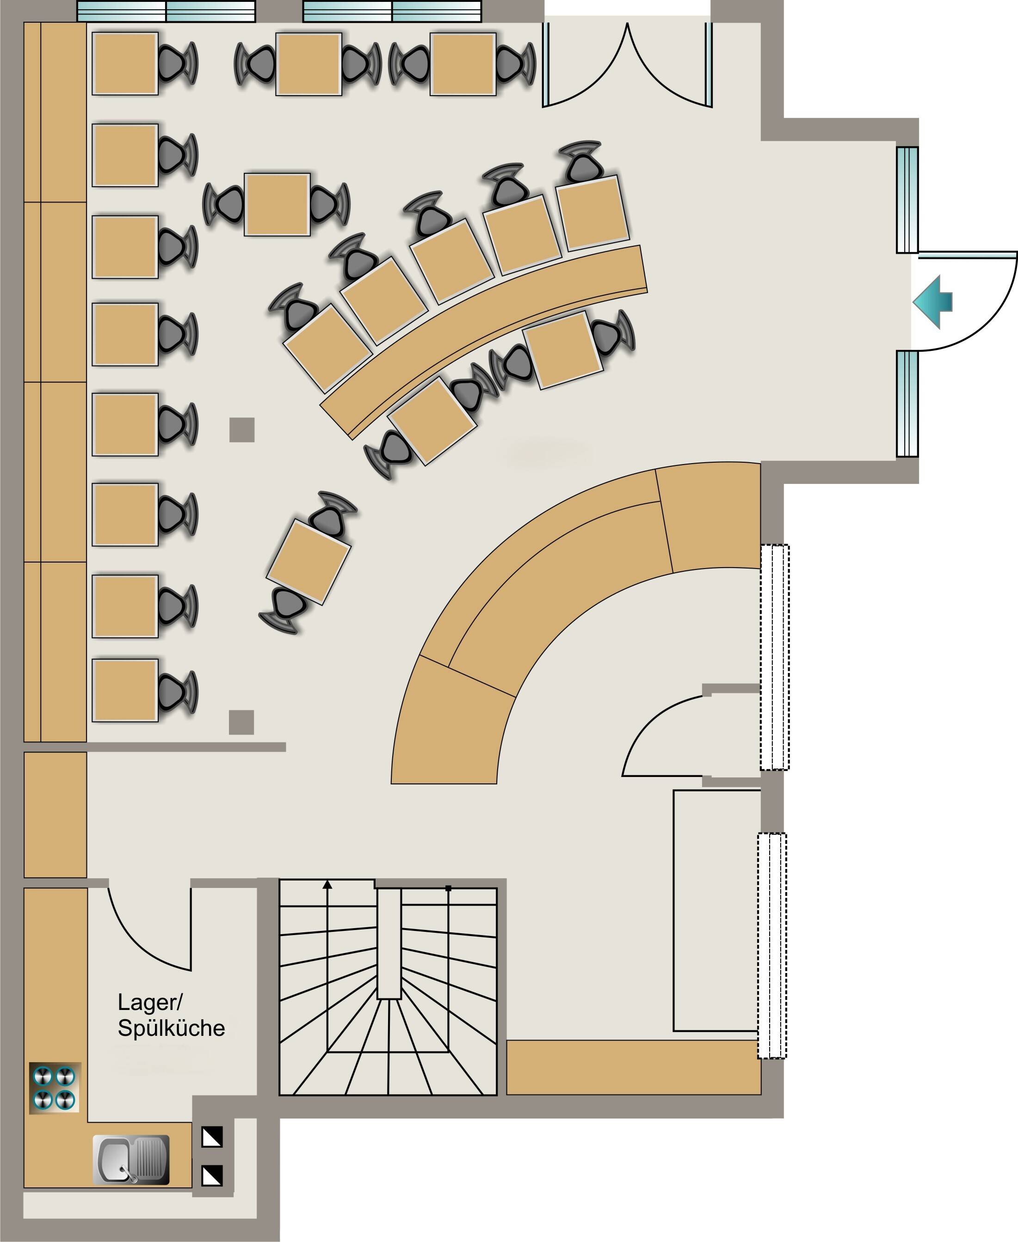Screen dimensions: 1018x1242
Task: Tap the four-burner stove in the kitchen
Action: click(55, 1088)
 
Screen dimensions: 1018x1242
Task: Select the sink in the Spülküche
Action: click(131, 1160)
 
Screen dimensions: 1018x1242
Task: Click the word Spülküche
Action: click(171, 1028)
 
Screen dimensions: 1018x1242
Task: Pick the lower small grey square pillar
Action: click(241, 722)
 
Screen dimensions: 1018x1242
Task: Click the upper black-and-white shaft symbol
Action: click(212, 1137)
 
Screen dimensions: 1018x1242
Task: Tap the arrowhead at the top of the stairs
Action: click(327, 884)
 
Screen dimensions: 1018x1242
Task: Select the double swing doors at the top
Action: click(628, 64)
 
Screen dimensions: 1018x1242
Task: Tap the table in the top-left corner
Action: click(125, 63)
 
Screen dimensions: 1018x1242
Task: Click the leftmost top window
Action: click(167, 11)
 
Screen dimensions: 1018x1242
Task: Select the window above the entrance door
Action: click(907, 200)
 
